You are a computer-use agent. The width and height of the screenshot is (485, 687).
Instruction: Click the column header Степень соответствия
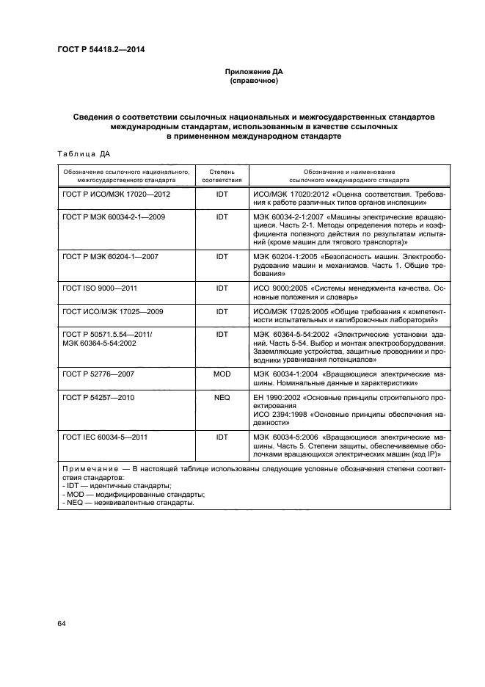[222, 175]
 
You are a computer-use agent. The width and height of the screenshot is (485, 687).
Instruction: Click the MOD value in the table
[222, 374]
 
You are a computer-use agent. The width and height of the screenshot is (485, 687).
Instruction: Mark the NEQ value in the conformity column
[222, 397]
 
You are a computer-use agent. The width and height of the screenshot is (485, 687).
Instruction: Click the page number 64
[62, 624]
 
